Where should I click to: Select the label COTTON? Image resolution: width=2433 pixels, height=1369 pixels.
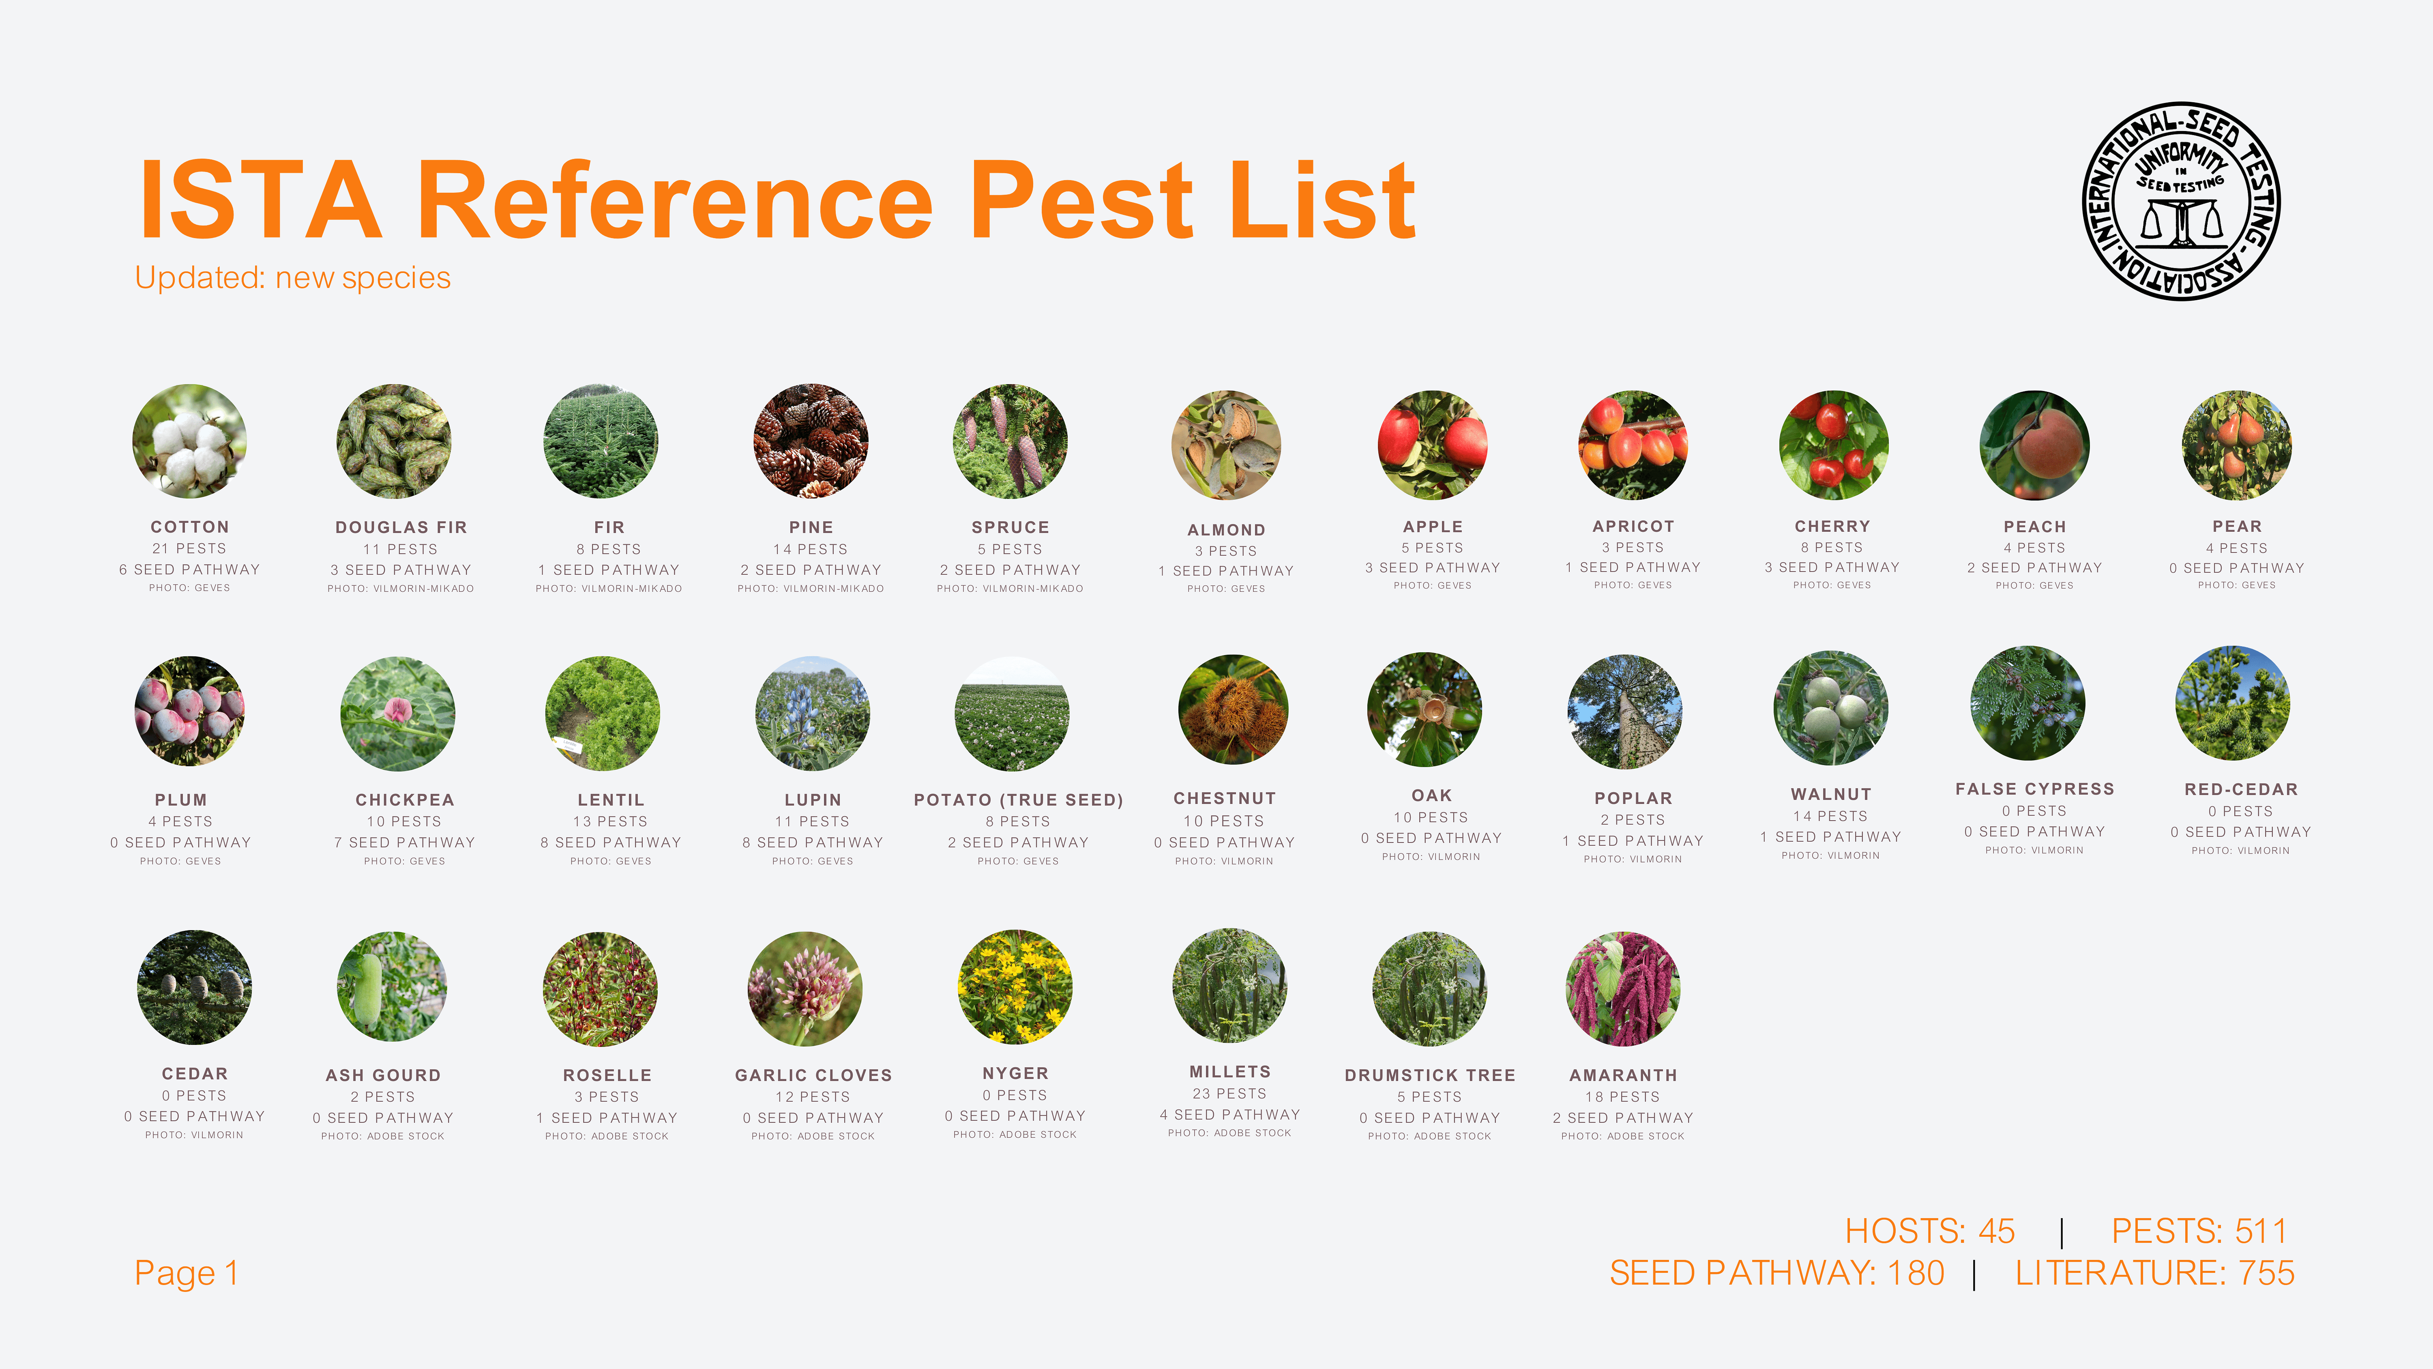pos(190,527)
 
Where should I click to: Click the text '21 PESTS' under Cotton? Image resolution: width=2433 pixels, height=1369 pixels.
pos(190,548)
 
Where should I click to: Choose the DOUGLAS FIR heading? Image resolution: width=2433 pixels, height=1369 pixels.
pos(401,527)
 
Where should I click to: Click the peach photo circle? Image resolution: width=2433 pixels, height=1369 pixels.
pos(2034,445)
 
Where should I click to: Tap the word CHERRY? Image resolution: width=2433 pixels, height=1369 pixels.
pos(1832,526)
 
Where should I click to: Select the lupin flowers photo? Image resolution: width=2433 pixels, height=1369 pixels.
pos(812,714)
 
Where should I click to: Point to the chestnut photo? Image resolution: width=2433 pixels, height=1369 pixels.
pos(1233,709)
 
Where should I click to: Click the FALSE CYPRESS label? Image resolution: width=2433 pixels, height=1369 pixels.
pos(2034,789)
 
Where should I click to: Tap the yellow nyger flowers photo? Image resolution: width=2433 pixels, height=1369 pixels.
pos(1015,987)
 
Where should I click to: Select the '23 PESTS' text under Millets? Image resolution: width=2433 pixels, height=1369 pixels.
pos(1229,1093)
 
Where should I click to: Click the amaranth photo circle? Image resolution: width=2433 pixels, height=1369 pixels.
pos(1623,989)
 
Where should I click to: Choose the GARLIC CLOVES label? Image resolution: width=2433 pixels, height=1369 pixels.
pos(813,1075)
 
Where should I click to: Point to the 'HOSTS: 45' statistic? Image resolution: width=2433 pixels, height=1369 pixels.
pos(1930,1231)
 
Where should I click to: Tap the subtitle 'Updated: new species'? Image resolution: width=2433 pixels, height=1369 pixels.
pos(293,278)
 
